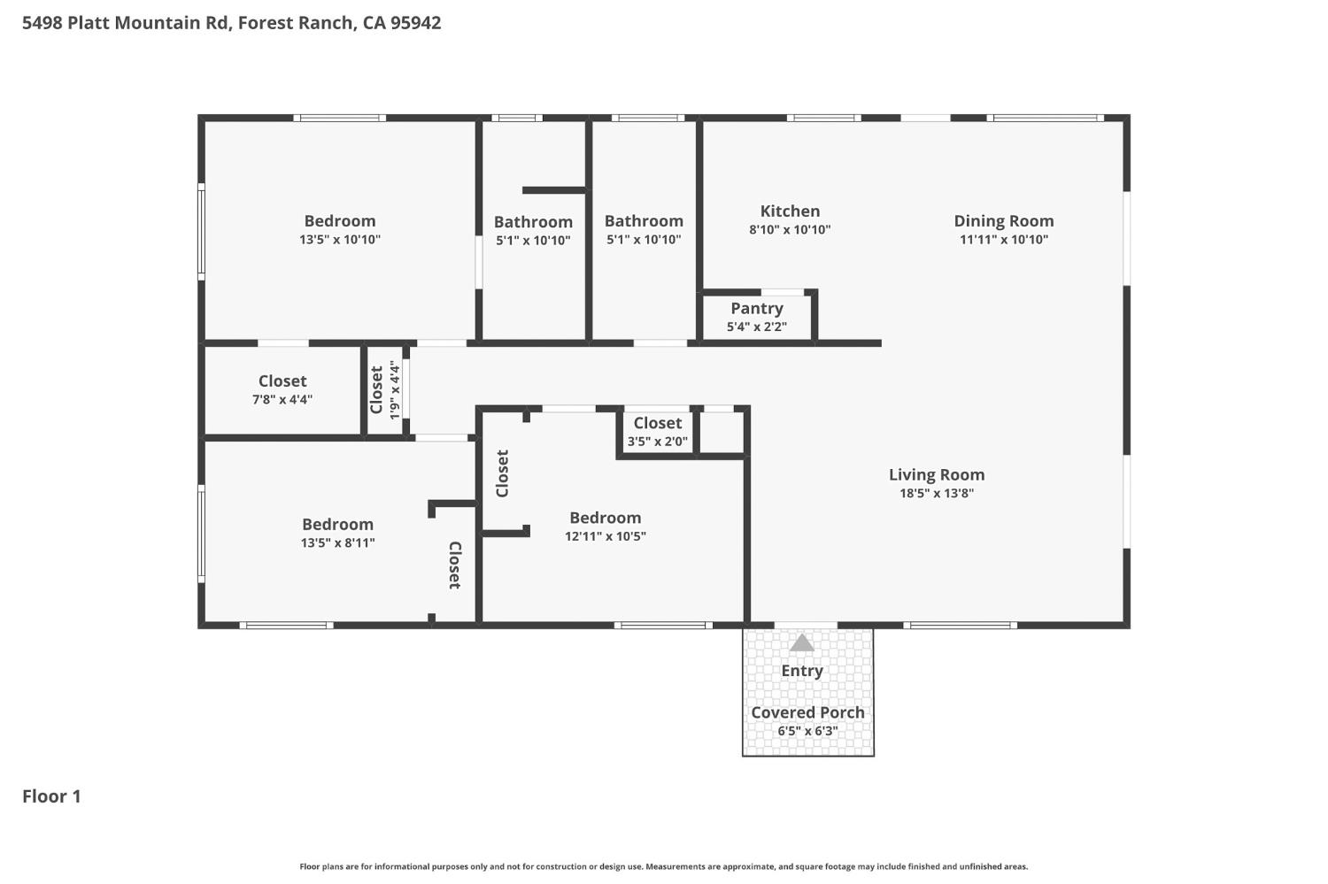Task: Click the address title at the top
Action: point(231,23)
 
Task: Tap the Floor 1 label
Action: point(51,796)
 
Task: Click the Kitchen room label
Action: point(790,211)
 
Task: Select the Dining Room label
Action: point(1003,221)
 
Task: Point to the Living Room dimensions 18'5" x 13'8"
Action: point(937,494)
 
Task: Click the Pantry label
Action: point(756,309)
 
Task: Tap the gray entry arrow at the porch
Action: point(801,643)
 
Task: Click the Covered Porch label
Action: point(807,712)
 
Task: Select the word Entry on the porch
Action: point(801,671)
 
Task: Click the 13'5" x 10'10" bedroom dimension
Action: point(340,240)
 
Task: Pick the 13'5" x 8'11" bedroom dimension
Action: point(337,543)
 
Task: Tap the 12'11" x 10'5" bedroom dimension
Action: point(606,536)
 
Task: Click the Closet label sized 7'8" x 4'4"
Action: point(282,381)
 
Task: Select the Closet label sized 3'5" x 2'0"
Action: point(657,424)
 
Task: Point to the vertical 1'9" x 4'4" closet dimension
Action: point(395,390)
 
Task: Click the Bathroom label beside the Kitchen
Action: point(644,221)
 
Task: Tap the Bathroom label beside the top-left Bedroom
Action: point(533,222)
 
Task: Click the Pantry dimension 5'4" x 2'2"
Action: point(756,327)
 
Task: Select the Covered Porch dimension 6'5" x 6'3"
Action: point(807,731)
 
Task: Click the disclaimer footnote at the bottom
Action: point(664,867)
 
